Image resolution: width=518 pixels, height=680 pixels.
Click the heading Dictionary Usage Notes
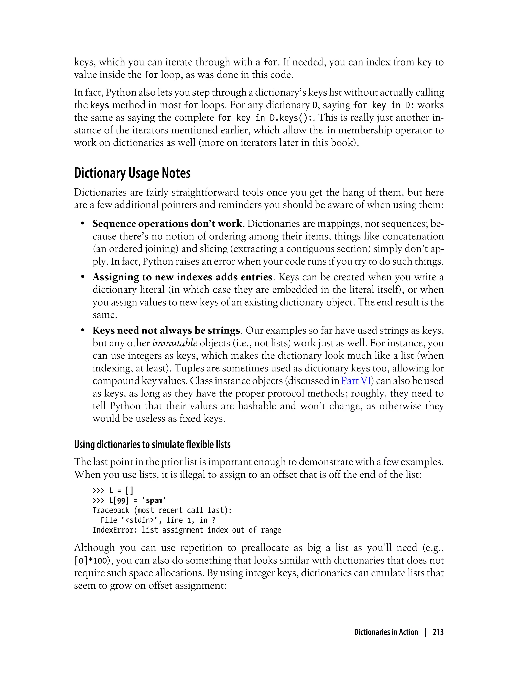click(x=132, y=173)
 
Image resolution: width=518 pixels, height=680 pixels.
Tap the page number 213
click(x=438, y=632)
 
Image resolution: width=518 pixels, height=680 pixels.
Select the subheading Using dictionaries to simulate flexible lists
click(x=152, y=444)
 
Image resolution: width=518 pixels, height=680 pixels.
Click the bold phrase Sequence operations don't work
click(x=167, y=224)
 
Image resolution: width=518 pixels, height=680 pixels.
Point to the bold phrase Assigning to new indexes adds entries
click(x=183, y=277)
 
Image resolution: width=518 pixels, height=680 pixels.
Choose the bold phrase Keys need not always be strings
click(x=166, y=330)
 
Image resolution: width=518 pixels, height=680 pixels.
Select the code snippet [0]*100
click(x=90, y=560)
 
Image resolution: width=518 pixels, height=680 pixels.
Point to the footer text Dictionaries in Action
click(x=386, y=632)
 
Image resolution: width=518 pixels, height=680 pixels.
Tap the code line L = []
click(x=121, y=490)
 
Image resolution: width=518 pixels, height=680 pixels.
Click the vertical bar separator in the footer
click(x=425, y=632)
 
